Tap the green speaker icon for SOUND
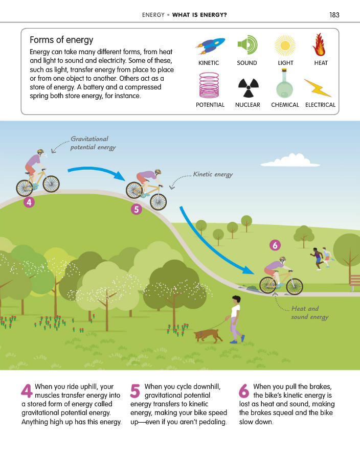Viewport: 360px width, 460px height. point(247,45)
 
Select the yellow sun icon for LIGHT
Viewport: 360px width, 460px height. point(285,45)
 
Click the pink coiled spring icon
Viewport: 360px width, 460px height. point(210,85)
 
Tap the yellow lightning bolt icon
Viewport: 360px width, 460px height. point(318,87)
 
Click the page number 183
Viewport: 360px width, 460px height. point(334,15)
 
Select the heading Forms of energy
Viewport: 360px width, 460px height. point(61,40)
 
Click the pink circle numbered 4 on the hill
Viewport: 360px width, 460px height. point(29,202)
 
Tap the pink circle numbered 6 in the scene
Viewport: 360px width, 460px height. point(275,246)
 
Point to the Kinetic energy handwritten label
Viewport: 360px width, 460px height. point(213,175)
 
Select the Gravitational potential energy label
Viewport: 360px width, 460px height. point(92,143)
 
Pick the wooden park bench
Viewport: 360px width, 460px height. point(355,281)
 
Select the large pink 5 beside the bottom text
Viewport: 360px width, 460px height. point(136,392)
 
